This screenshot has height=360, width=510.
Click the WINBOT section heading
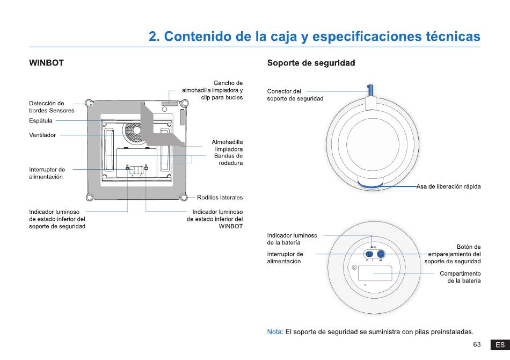pos(46,63)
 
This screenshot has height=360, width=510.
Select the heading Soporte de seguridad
pos(311,63)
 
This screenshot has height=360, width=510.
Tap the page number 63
pos(477,344)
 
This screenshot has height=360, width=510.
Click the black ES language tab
pos(500,345)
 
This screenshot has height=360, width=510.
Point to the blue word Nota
pos(275,332)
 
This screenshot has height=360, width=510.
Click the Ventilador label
pos(42,135)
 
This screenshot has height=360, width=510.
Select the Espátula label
pos(41,121)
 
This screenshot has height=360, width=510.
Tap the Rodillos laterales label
pos(220,198)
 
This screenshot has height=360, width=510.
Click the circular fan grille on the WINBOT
pos(134,132)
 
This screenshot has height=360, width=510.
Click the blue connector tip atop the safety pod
pos(370,90)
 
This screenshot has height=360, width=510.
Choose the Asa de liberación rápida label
pos(448,186)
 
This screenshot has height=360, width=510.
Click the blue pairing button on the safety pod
pos(381,254)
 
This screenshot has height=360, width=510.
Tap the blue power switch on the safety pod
pos(369,254)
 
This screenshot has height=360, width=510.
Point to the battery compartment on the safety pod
pos(375,273)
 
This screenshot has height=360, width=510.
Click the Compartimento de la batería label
pos(460,277)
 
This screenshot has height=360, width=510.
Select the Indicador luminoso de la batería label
pos(292,239)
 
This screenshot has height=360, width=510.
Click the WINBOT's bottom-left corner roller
pos(90,197)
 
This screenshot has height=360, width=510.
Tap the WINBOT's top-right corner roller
pos(184,104)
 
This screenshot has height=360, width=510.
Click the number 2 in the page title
pos(152,37)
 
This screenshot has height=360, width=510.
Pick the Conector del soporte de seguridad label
pos(295,95)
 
